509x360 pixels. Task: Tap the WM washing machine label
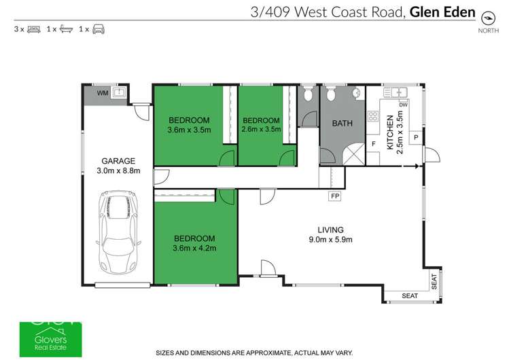[102, 92]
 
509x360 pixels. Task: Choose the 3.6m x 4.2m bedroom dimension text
[194, 248]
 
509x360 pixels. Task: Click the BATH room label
[341, 124]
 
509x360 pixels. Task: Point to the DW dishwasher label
[403, 105]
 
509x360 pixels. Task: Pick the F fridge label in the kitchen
[374, 145]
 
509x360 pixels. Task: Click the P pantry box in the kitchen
[415, 137]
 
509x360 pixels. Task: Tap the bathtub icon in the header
[65, 29]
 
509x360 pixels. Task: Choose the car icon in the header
[98, 29]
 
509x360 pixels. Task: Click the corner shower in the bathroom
[352, 154]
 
